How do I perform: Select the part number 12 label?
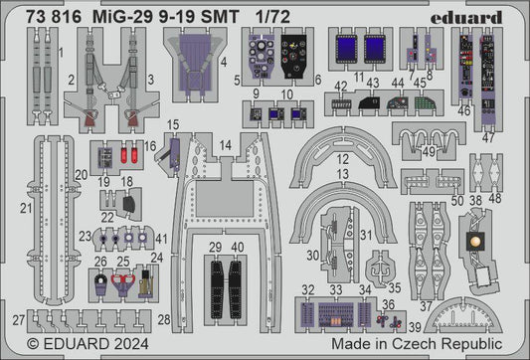[341, 159]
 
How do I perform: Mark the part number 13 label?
[341, 175]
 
